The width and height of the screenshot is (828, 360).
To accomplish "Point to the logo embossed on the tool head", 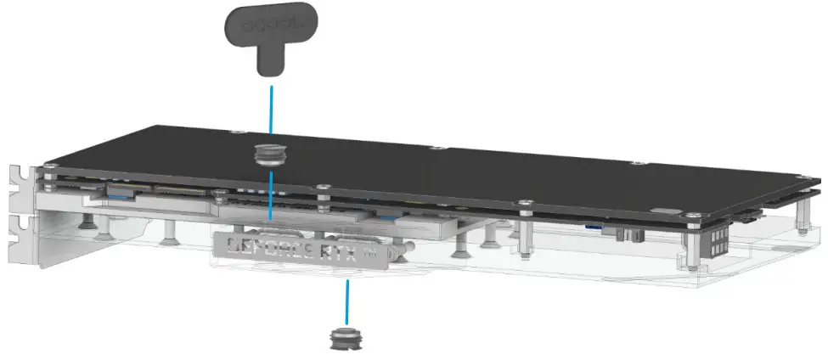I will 267,25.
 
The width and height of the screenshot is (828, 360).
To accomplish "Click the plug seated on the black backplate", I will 270,155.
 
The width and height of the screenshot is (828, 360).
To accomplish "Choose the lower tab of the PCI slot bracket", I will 18,234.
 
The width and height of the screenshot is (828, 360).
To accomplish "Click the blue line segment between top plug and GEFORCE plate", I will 270,195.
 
